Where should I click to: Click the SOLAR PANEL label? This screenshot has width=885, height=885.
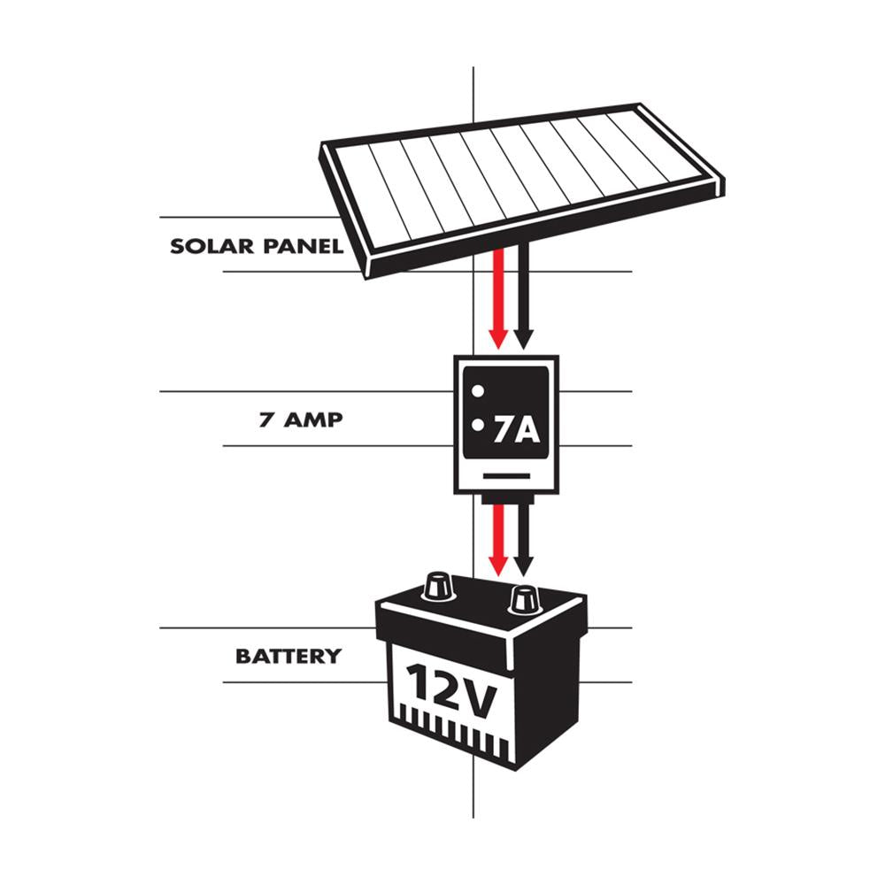256,246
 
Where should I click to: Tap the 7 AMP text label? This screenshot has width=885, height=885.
300,419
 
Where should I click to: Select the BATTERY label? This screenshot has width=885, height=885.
288,657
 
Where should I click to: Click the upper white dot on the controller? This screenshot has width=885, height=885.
477,390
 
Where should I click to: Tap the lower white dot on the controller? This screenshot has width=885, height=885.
478,426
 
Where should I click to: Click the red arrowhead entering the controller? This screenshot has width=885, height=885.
498,339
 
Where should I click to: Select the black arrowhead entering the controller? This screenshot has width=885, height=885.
523,339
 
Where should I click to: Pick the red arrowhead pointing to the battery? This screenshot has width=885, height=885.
498,565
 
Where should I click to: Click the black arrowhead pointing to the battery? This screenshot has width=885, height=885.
523,565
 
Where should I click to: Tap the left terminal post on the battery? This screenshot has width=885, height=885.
438,586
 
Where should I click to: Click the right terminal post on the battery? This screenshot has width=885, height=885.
524,600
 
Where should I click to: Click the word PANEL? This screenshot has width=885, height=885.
304,246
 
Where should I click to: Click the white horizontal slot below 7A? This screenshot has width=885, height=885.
507,475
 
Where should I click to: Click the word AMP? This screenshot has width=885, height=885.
312,419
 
